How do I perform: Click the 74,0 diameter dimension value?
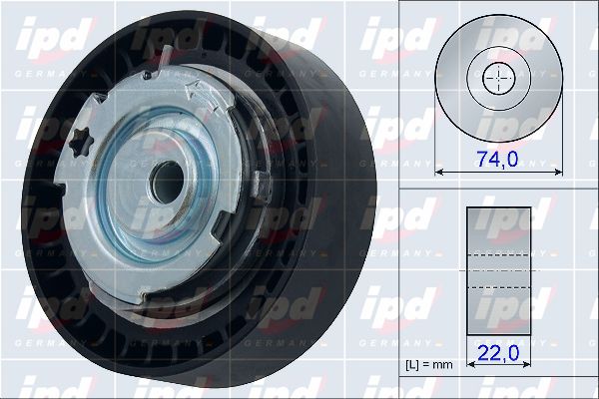[x=498, y=160]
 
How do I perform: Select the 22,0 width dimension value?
[x=498, y=353]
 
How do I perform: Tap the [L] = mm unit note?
[x=429, y=365]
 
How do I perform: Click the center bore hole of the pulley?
[x=167, y=182]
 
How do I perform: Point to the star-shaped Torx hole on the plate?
[x=82, y=142]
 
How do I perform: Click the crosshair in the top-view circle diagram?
[x=498, y=78]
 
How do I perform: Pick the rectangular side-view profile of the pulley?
[x=498, y=271]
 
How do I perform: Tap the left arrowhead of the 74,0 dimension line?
[x=438, y=173]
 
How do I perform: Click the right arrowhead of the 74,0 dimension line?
[x=558, y=173]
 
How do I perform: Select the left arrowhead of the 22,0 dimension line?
[x=470, y=364]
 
